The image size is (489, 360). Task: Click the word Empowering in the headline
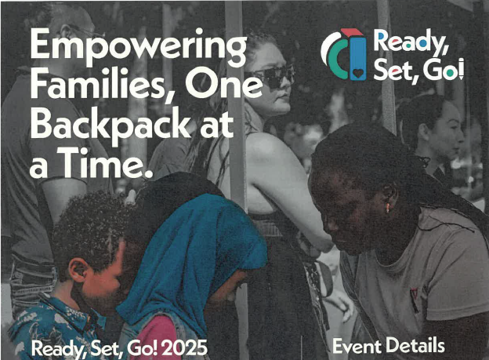[139, 47]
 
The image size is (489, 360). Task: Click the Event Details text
[389, 346]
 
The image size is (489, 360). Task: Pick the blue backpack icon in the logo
[357, 58]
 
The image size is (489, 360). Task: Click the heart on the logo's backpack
[358, 74]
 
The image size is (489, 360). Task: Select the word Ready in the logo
[411, 42]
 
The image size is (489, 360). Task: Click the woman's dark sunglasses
[270, 75]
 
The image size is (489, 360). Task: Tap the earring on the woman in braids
[388, 208]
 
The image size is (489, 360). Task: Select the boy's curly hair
[90, 228]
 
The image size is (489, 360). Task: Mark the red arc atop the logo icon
[352, 31]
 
